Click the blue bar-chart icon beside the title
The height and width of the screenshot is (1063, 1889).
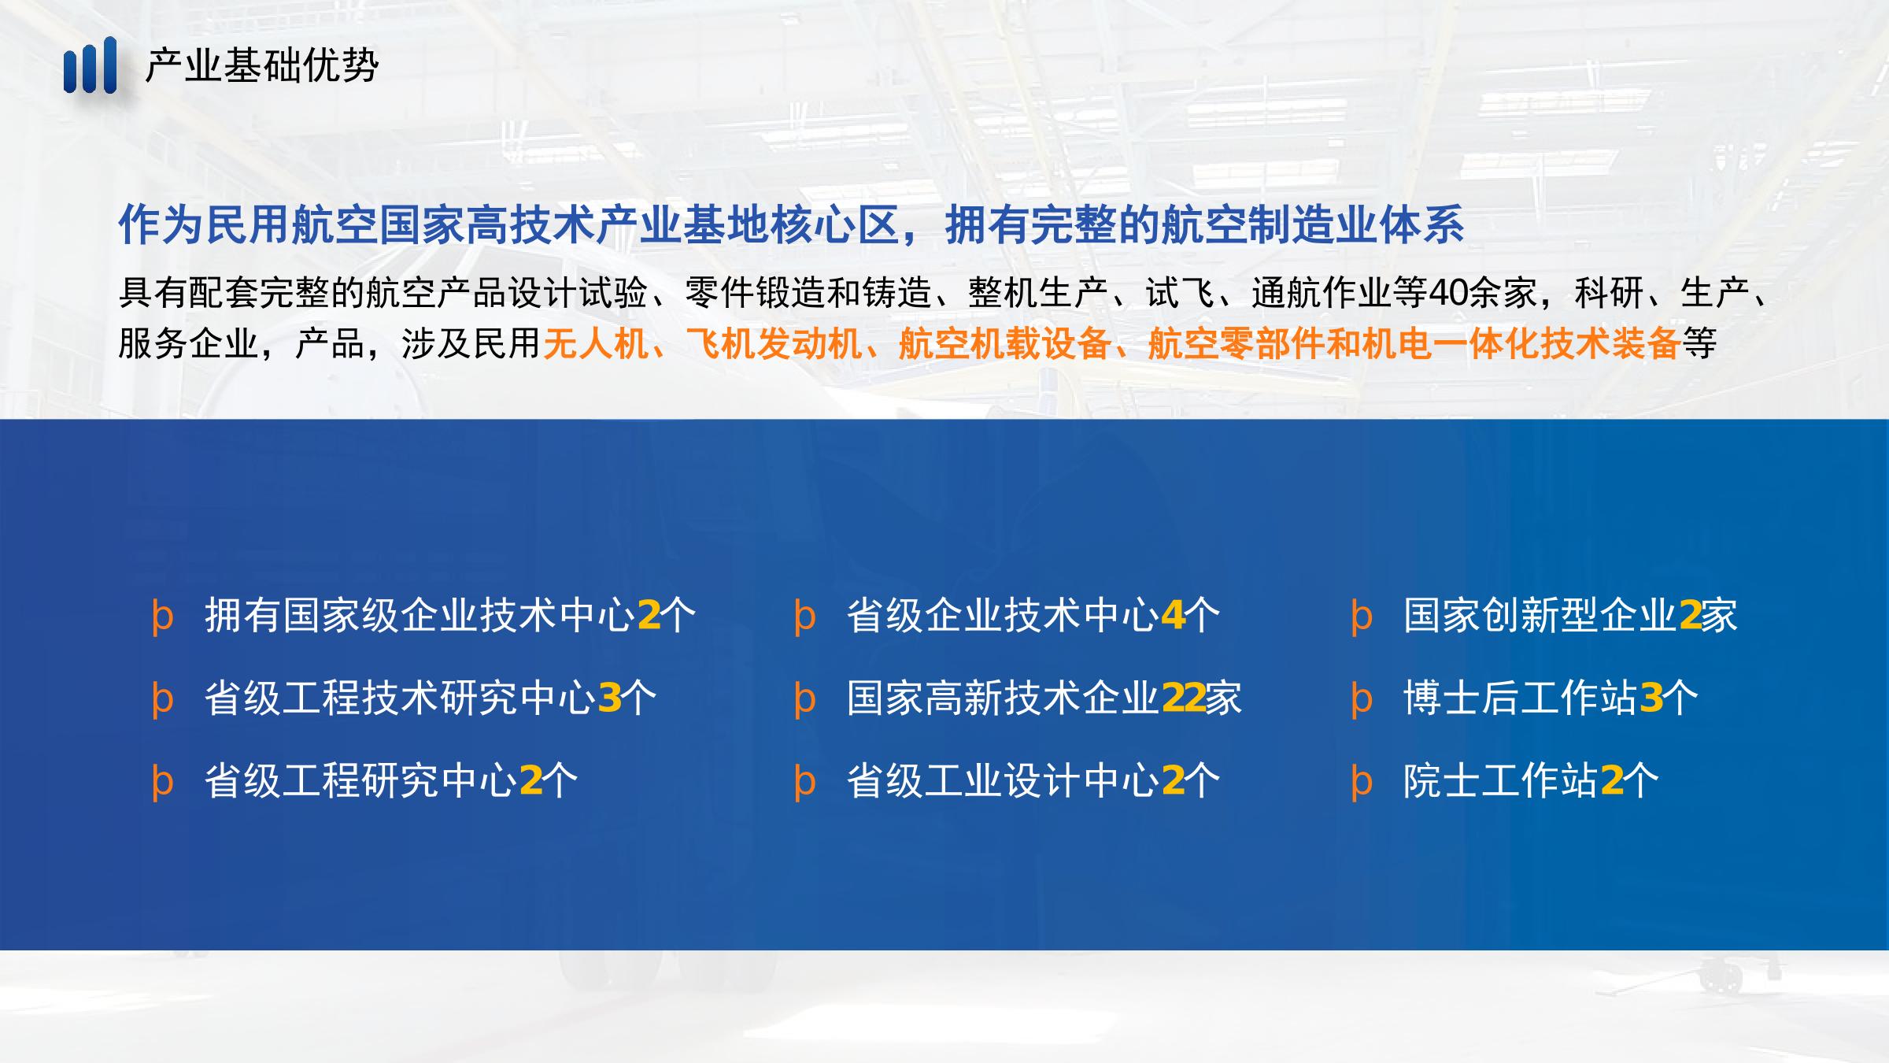pyautogui.click(x=90, y=65)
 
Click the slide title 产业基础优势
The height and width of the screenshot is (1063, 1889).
pyautogui.click(x=262, y=65)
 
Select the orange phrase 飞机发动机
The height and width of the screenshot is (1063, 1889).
pyautogui.click(x=774, y=343)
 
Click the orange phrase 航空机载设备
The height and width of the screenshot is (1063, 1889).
pyautogui.click(x=1004, y=343)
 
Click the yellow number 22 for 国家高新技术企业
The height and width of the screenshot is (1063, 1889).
pyautogui.click(x=1183, y=698)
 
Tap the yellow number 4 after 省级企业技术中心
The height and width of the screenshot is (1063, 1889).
pyautogui.click(x=1173, y=615)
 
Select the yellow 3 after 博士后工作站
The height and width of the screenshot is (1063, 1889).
pyautogui.click(x=1651, y=698)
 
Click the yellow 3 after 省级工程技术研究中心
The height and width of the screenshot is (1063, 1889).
pyautogui.click(x=609, y=698)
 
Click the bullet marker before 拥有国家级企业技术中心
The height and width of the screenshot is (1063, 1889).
pyautogui.click(x=162, y=618)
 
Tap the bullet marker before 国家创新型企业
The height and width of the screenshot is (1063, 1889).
pyautogui.click(x=1362, y=618)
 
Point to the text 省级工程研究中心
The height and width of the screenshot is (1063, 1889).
pyautogui.click(x=361, y=781)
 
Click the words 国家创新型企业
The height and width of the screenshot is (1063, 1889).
pyautogui.click(x=1540, y=615)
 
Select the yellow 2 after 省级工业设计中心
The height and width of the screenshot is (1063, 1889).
pyautogui.click(x=1173, y=781)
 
